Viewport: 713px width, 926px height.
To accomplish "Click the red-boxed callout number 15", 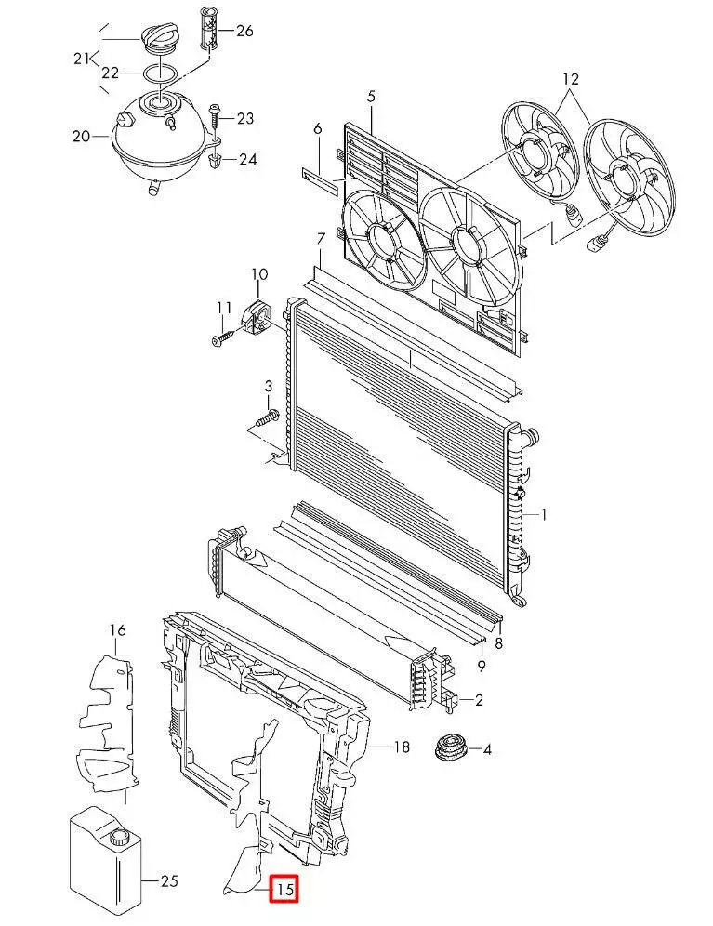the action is point(284,889).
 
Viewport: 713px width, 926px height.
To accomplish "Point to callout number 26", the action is point(244,30).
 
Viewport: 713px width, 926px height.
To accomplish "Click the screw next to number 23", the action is point(215,119).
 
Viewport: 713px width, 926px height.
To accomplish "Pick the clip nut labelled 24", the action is point(216,158).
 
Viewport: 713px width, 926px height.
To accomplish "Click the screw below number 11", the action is point(223,337).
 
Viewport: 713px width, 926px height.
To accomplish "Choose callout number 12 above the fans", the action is point(571,78).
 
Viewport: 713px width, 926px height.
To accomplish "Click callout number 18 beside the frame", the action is point(401,747).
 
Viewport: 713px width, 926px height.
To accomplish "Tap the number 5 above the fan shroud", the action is point(371,96).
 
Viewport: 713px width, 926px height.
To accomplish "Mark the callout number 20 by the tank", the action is point(82,136).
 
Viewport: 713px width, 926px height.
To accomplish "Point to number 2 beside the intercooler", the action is point(479,700).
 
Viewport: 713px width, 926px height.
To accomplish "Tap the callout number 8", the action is point(498,643).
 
